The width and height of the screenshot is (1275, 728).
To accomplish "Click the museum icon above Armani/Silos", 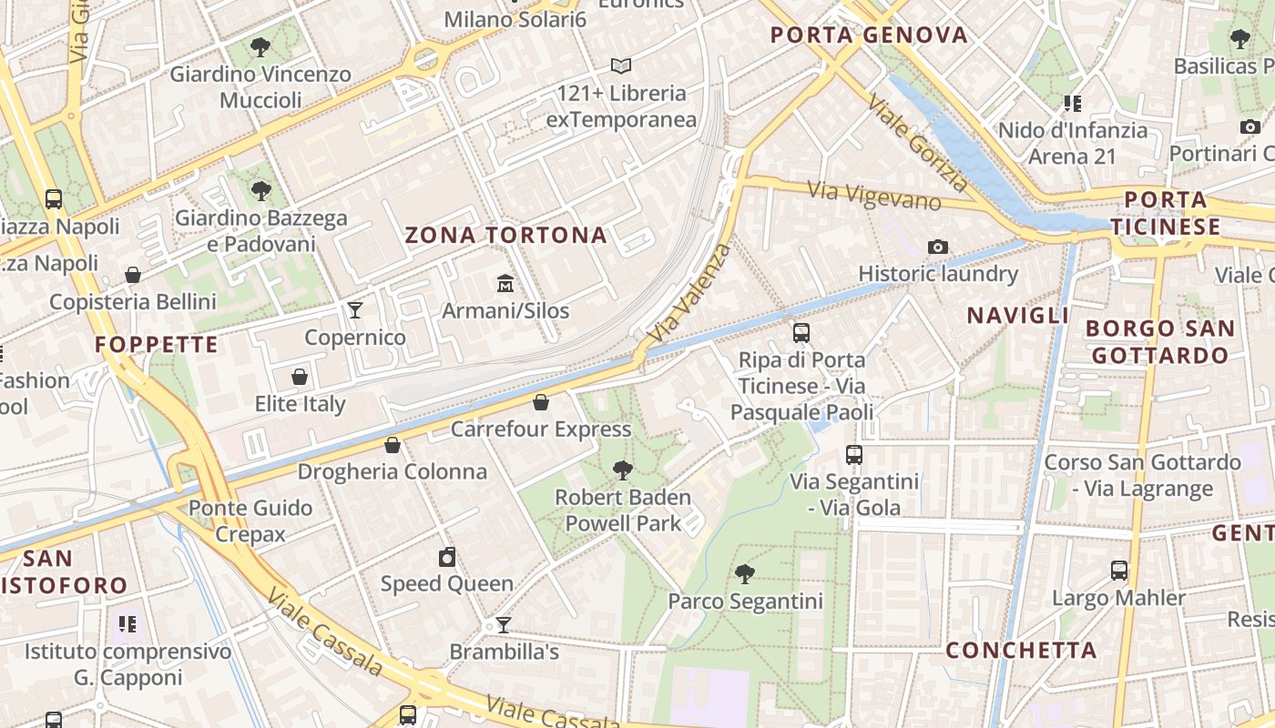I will click(505, 284).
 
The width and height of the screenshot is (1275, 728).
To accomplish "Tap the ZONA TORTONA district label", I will click(505, 235).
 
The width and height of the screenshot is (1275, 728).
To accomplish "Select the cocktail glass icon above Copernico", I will click(355, 310).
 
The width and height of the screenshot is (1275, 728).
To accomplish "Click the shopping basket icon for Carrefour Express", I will click(541, 402).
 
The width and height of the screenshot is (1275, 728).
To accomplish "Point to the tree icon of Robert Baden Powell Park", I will click(623, 470).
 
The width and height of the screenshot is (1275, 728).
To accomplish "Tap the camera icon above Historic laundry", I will click(938, 247).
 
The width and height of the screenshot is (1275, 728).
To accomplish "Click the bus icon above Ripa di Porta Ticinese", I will click(801, 333).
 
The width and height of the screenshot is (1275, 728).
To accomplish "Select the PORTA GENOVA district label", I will click(869, 35).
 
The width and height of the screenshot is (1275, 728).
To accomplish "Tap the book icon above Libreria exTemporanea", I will click(621, 66).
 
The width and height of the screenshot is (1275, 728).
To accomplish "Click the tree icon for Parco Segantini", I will click(745, 574).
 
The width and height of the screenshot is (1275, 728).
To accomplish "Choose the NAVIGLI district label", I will click(1017, 316).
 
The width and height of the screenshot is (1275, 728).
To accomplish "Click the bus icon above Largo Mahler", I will click(1119, 571).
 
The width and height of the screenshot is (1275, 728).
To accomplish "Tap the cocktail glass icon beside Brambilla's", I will click(503, 625).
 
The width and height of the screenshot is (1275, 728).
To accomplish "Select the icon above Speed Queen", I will click(447, 557).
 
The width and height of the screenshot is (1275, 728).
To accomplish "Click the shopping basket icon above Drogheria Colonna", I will click(393, 445).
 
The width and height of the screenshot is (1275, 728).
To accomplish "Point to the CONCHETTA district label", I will click(1021, 651).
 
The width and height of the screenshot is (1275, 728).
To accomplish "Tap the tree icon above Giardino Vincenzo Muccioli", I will click(260, 46).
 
